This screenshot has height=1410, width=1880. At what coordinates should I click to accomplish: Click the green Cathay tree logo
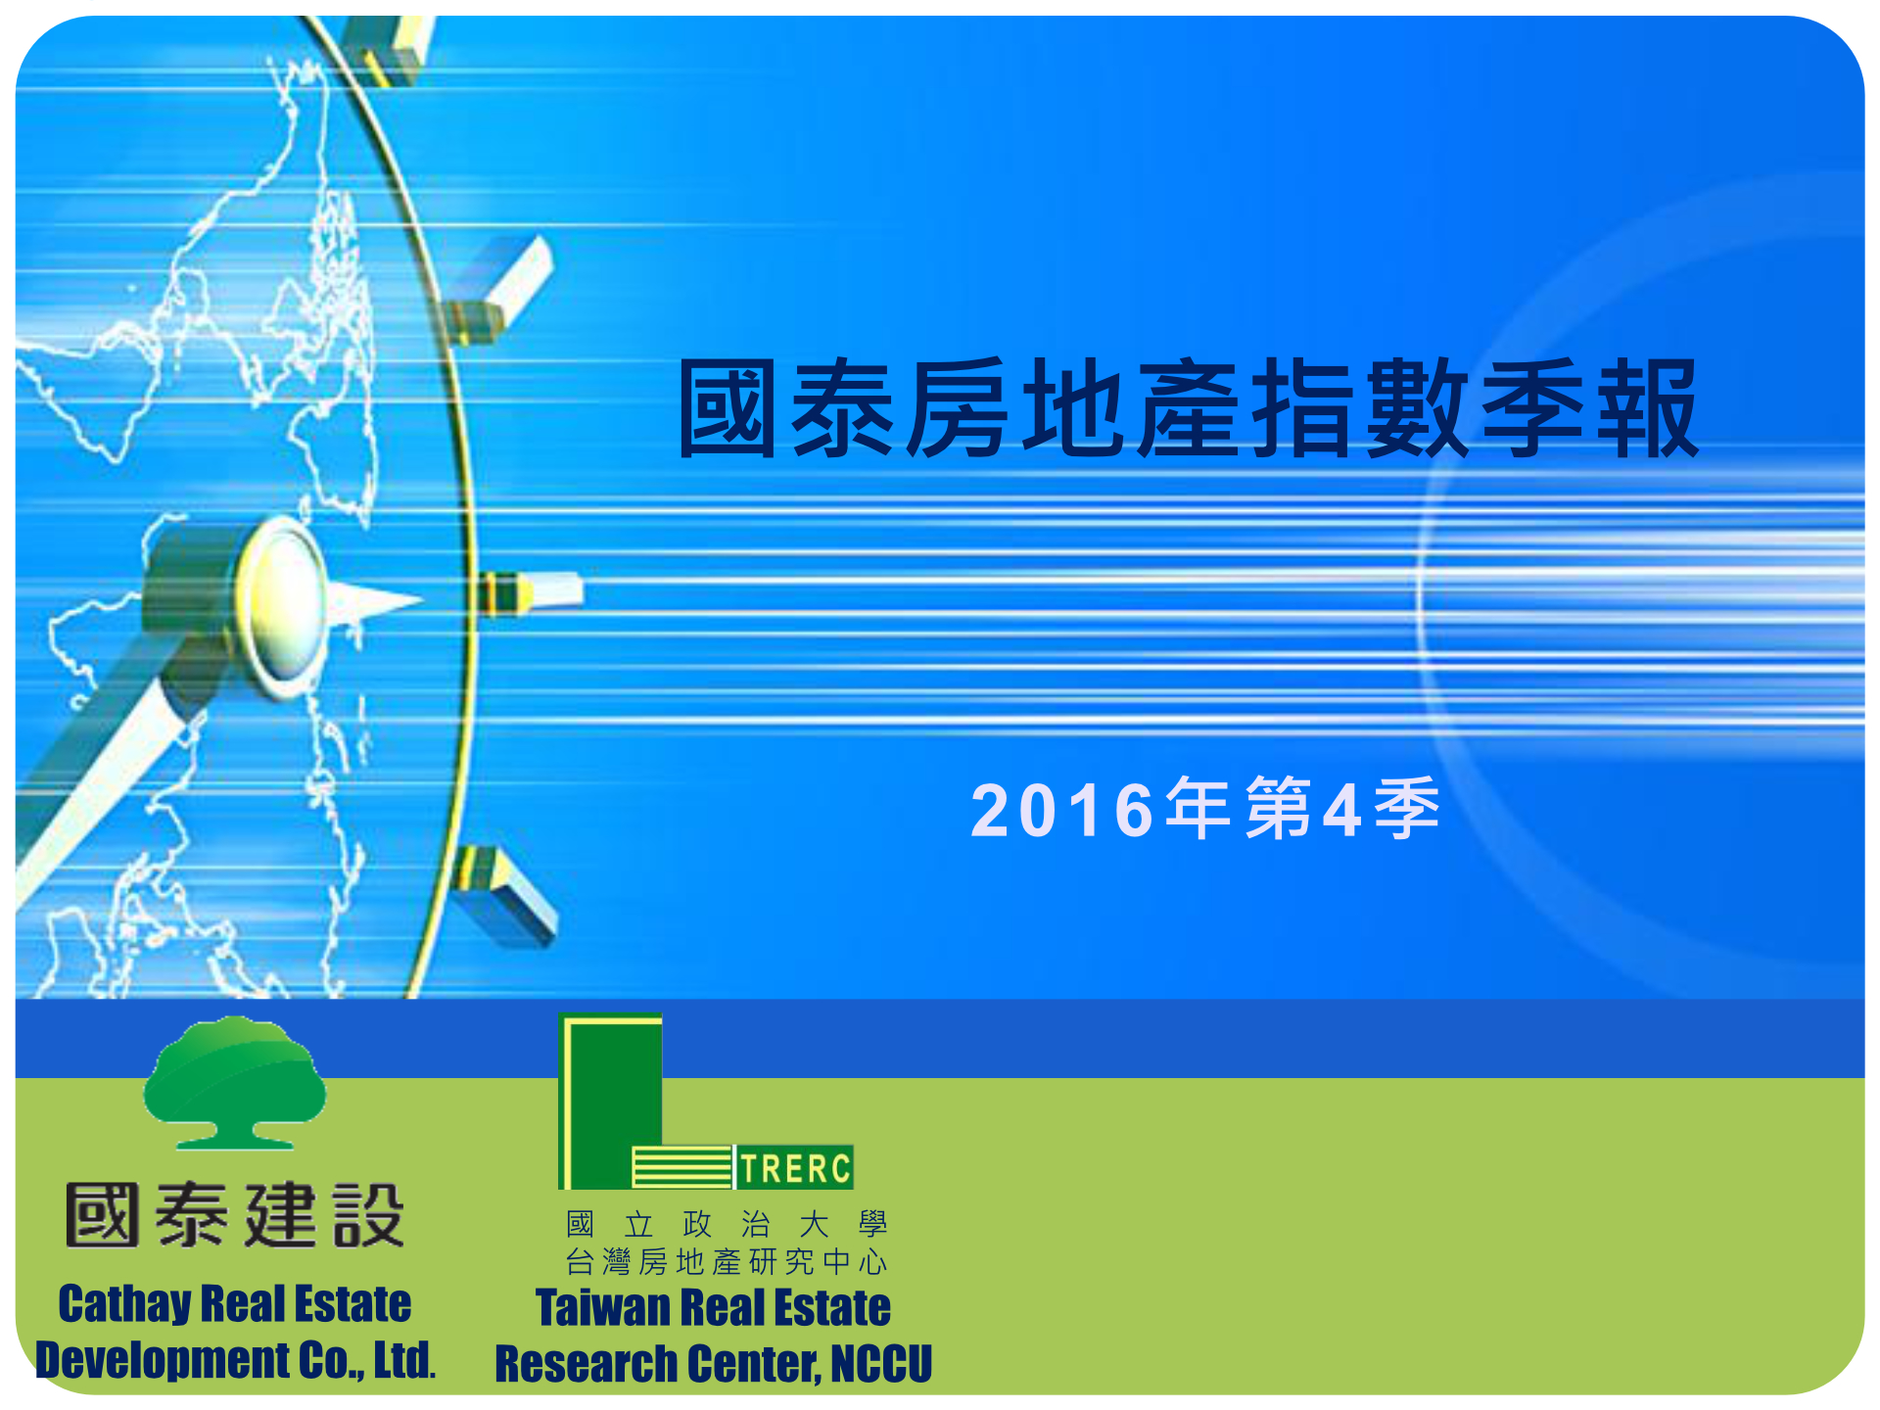click(x=235, y=1082)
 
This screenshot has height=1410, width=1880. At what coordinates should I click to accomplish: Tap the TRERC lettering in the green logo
click(x=795, y=1168)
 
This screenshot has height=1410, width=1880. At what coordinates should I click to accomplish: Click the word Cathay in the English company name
click(x=124, y=1305)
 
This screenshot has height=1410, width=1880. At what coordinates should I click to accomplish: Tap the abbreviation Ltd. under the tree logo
click(x=404, y=1360)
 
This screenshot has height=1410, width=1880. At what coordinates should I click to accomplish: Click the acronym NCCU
click(x=881, y=1364)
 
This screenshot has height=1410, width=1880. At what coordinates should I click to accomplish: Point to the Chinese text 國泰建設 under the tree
click(x=235, y=1215)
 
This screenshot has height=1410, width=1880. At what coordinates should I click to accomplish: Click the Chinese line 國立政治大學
click(x=727, y=1224)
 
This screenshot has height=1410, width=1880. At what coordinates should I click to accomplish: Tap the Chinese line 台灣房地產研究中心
click(x=727, y=1262)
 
